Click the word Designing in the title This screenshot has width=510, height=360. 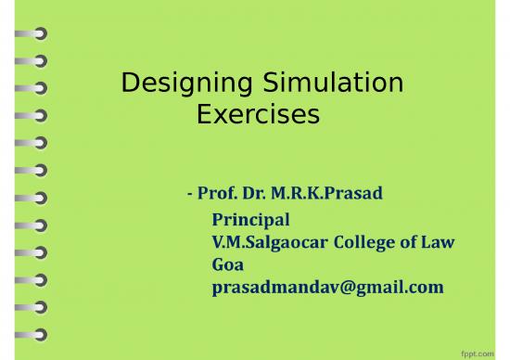pos(176,84)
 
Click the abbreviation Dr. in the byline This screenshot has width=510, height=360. pos(261,195)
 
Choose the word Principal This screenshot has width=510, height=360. pos(251,220)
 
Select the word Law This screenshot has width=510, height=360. pos(440,242)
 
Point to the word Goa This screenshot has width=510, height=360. pos(228,264)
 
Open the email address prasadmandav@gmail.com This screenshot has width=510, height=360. pos(327,288)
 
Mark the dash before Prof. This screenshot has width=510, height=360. pos(189,196)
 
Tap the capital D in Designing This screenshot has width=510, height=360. pos(131,84)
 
